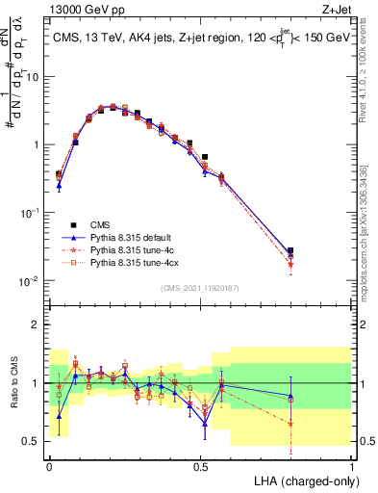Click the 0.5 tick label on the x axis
[200, 465]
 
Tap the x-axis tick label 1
[352, 465]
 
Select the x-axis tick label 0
[49, 465]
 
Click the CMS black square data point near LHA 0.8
[290, 250]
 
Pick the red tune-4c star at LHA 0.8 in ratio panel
[290, 424]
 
